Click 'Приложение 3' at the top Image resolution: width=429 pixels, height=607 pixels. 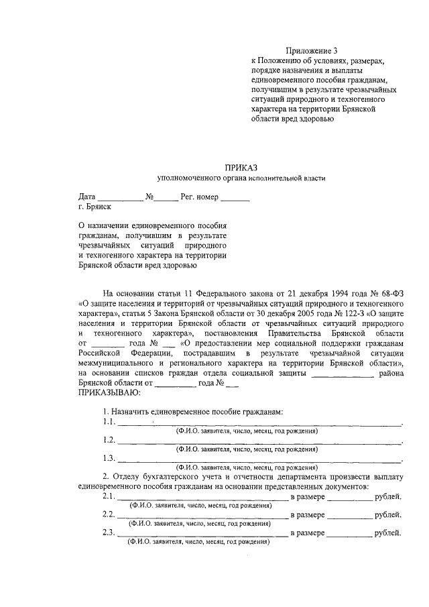tap(312, 51)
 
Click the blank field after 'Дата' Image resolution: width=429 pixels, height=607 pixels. tap(121, 199)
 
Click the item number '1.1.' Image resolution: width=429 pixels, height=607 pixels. tap(109, 423)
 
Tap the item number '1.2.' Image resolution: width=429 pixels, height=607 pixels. tap(109, 441)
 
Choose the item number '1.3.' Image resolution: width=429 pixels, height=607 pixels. tap(109, 459)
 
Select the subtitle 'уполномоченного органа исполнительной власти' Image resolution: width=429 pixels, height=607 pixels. tap(240, 178)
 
